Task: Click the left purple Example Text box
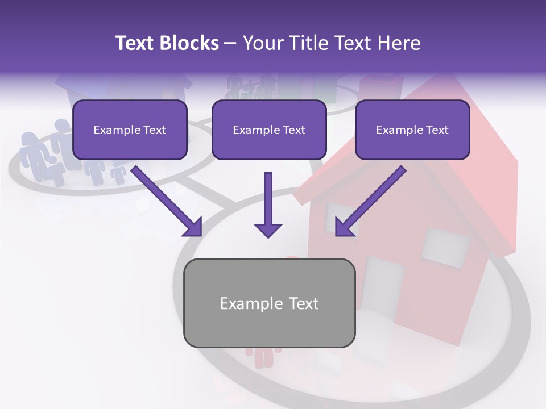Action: pyautogui.click(x=130, y=130)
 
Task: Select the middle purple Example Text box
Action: pyautogui.click(x=269, y=130)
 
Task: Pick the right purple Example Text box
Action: pyautogui.click(x=412, y=130)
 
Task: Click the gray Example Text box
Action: pyautogui.click(x=269, y=303)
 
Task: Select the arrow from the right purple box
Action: pyautogui.click(x=370, y=201)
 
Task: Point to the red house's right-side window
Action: pyautogui.click(x=445, y=247)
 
